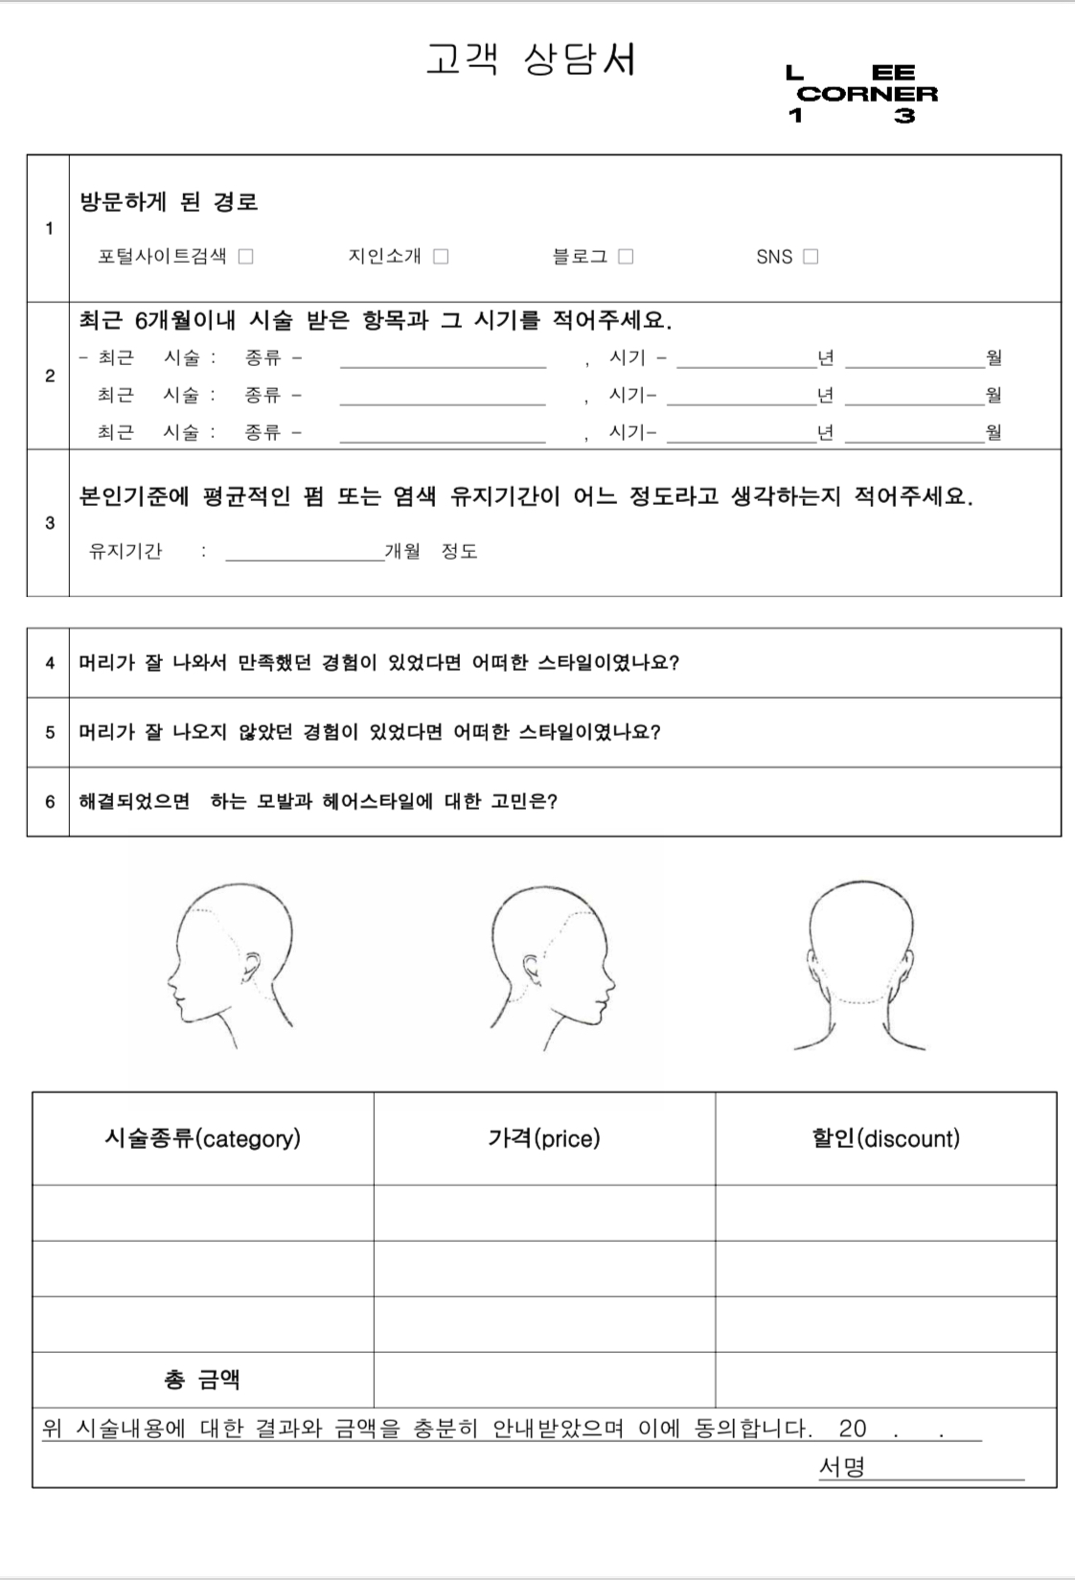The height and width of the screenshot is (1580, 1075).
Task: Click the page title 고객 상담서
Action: click(531, 59)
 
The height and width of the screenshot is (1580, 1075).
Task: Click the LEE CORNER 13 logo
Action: click(861, 94)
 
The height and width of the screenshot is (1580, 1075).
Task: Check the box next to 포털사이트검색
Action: click(246, 257)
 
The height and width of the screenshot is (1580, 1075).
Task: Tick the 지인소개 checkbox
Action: click(441, 257)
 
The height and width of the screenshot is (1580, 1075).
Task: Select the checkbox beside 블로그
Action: click(626, 257)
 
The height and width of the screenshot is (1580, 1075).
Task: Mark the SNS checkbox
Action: click(811, 257)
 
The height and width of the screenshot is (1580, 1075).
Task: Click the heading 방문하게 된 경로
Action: click(169, 202)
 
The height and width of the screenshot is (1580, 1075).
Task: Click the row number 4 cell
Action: click(49, 663)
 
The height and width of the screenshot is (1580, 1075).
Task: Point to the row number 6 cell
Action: click(49, 802)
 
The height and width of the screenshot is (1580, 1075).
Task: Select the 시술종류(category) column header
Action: click(203, 1138)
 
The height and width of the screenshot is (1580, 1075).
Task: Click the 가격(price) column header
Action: click(544, 1138)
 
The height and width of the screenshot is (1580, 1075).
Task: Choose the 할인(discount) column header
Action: click(885, 1138)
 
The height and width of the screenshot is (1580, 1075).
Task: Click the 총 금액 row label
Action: click(202, 1380)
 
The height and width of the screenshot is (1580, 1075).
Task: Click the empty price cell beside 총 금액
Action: click(544, 1380)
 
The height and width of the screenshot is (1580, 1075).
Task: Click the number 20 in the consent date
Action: click(852, 1429)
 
